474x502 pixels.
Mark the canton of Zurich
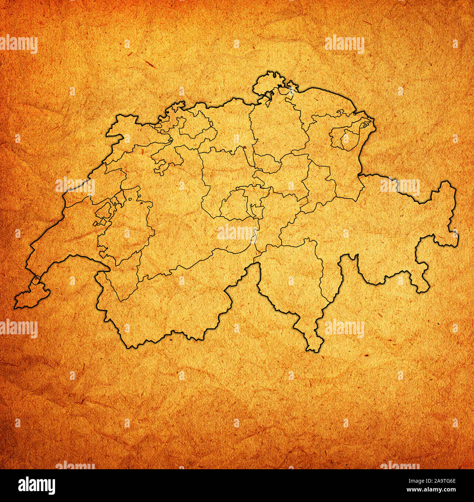pyautogui.click(x=273, y=131)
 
